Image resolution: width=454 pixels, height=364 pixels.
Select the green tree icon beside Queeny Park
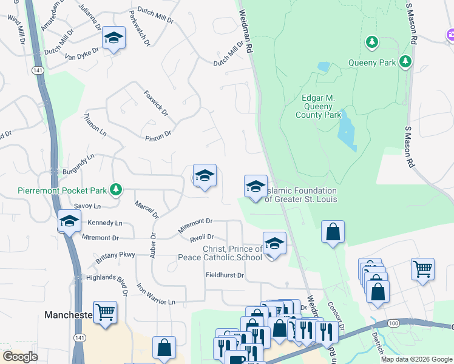pos(405,62)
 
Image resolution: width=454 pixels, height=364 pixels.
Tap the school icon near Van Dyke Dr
pos(112,39)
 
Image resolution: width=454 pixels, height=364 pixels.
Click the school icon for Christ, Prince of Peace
pos(274,244)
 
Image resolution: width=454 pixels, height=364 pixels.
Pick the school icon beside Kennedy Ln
pos(70,221)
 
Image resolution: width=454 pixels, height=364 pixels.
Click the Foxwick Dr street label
pos(155,104)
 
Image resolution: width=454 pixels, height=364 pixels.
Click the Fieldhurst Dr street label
pos(223,275)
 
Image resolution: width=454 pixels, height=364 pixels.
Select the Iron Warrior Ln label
pos(155,294)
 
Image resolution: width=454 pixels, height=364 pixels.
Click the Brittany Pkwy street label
pos(115,257)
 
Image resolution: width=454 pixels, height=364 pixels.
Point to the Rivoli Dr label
pos(202,238)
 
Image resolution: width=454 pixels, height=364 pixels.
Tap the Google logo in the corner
pos(21,356)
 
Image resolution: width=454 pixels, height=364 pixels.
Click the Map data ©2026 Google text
pos(416,359)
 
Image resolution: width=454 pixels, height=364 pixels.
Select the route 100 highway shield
pos(393,323)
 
